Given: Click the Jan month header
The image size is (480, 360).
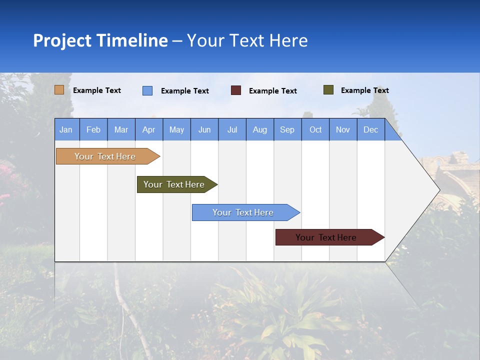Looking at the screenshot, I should (x=66, y=129).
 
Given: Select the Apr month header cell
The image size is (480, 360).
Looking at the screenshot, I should (x=149, y=129).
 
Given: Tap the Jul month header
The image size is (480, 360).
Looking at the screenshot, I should (x=232, y=129).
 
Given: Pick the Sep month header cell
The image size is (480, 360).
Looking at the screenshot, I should (x=287, y=129).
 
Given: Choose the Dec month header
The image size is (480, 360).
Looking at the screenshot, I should (x=370, y=129).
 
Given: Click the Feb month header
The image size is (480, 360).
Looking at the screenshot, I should (x=93, y=129).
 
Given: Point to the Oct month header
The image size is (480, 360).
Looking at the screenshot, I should (x=315, y=129).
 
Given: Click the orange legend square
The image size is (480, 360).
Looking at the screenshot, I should (x=59, y=90).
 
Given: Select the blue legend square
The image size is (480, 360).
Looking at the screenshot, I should (x=147, y=90).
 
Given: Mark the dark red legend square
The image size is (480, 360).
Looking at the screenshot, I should (x=236, y=90).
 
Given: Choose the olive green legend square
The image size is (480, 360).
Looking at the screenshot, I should (x=328, y=90).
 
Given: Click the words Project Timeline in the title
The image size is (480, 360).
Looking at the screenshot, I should (x=100, y=40).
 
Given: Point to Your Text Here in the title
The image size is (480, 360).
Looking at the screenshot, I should (x=247, y=40).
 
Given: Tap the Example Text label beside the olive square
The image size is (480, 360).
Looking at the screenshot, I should (x=364, y=90).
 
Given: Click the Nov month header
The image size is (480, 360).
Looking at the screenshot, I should (x=343, y=129).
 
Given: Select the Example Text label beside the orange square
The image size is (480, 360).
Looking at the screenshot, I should (x=97, y=90).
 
